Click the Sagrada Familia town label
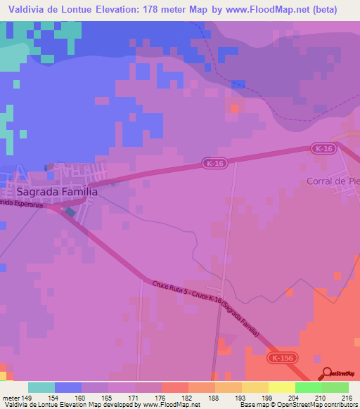tap(53, 190)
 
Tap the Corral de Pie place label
tap(333, 181)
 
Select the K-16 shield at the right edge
tap(323, 148)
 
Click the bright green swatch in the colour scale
tap(308, 387)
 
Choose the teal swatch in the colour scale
tap(41, 387)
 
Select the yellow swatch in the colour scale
tap(281, 387)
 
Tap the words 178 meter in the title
tap(171, 10)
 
